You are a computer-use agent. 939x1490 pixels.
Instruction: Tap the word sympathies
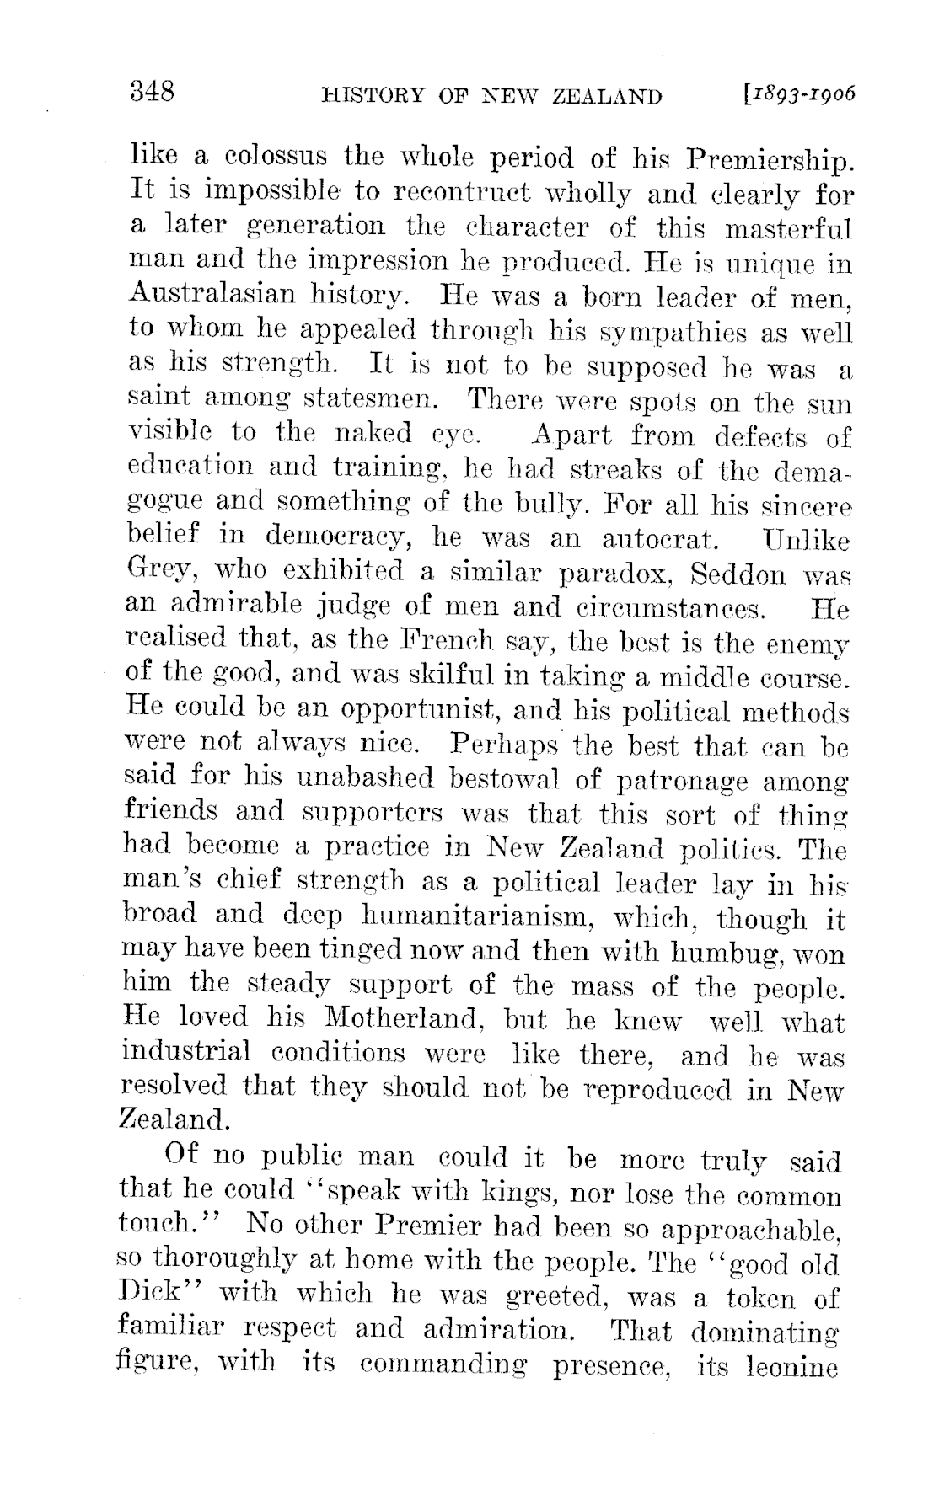coord(599,331)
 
